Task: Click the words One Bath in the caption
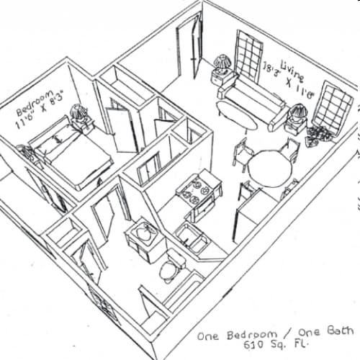coord(325,331)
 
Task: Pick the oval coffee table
coord(236,115)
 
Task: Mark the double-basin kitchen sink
coord(192,238)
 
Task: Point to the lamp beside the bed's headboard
coord(78,112)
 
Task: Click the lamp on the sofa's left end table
coord(222,63)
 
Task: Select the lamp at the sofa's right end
coord(298,113)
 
